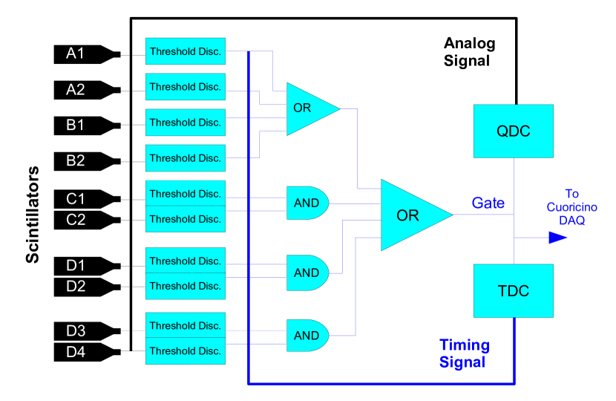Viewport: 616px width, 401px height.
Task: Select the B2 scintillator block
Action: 87,161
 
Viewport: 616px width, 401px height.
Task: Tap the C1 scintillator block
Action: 87,199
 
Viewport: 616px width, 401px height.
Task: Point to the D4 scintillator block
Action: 87,352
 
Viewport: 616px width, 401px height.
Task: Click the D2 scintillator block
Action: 87,287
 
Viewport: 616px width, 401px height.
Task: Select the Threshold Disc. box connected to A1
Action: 186,51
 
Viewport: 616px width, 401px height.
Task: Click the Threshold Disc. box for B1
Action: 186,123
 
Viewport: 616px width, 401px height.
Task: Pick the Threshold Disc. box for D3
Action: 186,325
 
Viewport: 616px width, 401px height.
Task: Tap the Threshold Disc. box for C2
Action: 186,219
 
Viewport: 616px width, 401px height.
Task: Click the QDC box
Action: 514,131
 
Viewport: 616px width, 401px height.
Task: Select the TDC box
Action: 514,290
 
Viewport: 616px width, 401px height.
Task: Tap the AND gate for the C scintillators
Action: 307,203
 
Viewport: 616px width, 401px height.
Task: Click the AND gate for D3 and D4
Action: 307,336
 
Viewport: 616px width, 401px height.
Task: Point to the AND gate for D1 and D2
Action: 307,273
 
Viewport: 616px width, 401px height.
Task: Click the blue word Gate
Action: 488,203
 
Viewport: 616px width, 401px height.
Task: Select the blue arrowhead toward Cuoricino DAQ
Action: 558,238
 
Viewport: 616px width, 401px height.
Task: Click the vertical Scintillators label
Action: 32,215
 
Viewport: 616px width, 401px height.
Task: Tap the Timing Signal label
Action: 465,353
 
